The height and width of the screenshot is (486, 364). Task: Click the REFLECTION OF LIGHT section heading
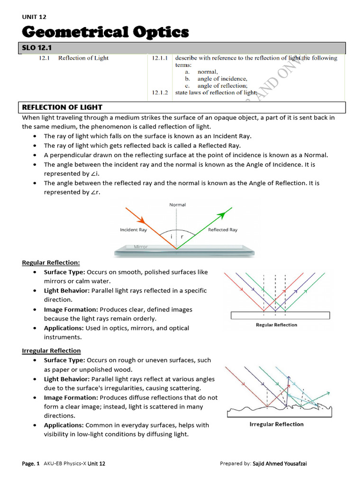click(x=62, y=107)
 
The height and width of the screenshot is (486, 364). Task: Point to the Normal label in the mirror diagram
click(x=177, y=205)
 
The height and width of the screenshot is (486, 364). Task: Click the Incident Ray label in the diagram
click(x=133, y=230)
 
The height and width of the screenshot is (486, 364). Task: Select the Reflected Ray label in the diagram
click(x=223, y=230)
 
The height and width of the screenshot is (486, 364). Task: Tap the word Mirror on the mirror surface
click(x=141, y=247)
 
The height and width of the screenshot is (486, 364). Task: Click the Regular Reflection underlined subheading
click(x=51, y=262)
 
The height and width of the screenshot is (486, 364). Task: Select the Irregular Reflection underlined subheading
click(x=51, y=350)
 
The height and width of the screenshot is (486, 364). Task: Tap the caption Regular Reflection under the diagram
click(x=276, y=325)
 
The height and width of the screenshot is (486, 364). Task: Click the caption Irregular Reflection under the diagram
click(x=276, y=424)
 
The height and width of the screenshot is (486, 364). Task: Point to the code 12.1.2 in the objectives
click(x=160, y=93)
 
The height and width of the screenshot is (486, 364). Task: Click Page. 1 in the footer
click(x=31, y=463)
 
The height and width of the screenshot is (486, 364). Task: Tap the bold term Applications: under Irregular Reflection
click(x=64, y=425)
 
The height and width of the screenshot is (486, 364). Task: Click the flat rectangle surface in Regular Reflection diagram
click(x=280, y=315)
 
